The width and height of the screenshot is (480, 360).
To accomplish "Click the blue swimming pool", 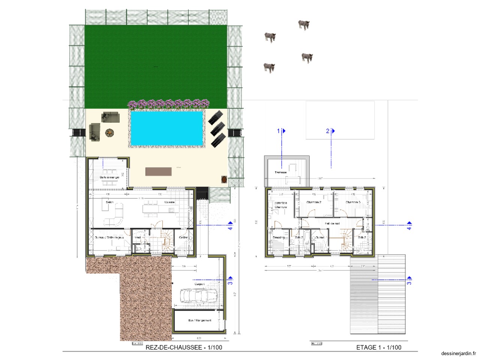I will click(x=167, y=128).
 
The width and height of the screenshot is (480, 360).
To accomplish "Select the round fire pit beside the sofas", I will click(x=109, y=133).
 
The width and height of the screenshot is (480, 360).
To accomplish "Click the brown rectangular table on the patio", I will click(x=159, y=171).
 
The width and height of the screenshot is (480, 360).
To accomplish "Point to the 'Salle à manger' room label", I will click(x=109, y=177).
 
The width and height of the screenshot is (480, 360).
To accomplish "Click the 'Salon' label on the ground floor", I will click(x=109, y=202).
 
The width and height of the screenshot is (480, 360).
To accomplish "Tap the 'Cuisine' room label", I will click(x=169, y=202).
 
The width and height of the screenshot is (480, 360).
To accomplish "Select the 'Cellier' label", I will click(x=183, y=237).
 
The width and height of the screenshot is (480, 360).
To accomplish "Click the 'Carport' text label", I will click(x=199, y=284).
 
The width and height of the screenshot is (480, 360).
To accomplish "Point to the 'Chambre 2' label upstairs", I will click(x=314, y=202).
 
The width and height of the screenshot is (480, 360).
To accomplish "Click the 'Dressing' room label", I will click(x=279, y=237).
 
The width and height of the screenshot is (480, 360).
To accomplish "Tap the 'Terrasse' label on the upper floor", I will click(x=280, y=172).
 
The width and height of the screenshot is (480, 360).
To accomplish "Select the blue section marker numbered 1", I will click(x=281, y=131).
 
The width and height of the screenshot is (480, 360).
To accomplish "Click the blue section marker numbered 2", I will click(x=330, y=131).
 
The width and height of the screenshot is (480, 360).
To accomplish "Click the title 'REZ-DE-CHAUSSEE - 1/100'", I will click(x=184, y=347).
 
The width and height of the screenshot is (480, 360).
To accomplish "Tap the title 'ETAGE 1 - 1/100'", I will click(x=378, y=347).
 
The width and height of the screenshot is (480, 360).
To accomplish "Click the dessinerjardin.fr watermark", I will click(x=459, y=353).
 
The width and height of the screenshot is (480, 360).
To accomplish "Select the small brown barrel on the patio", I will click(x=224, y=179).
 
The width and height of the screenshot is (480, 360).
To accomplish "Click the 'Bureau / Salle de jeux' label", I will click(x=109, y=237).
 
